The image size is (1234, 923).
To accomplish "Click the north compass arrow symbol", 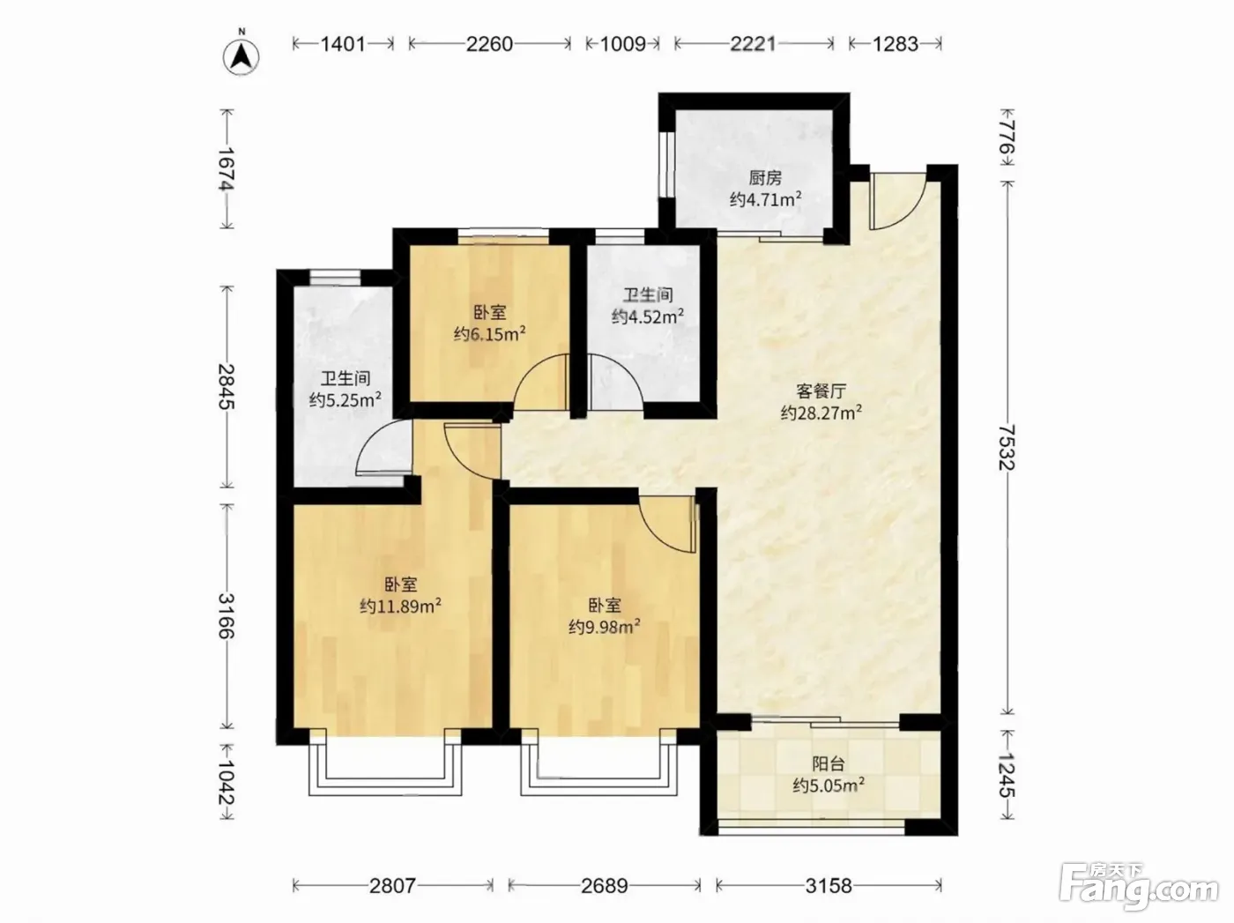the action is click(242, 55).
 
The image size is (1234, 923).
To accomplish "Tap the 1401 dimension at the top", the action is click(342, 44).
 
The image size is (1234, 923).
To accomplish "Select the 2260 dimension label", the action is click(489, 44).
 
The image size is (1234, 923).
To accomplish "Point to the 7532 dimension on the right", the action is click(1007, 449).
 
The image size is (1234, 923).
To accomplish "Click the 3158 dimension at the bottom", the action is click(829, 886).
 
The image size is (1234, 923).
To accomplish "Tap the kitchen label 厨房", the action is click(764, 178).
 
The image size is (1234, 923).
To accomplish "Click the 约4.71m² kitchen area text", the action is click(766, 199).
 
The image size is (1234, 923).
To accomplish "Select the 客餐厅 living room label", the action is click(821, 391).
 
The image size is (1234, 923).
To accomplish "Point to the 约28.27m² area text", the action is click(821, 413).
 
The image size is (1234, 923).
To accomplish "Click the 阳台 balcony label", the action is click(828, 763).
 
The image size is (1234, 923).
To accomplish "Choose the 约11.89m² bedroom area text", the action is click(400, 606).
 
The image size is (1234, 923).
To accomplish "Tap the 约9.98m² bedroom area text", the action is click(605, 626).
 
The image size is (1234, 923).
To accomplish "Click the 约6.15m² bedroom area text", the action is click(490, 334).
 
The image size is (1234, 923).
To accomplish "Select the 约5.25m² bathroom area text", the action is click(346, 399).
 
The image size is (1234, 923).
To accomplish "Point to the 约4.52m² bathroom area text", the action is click(648, 316).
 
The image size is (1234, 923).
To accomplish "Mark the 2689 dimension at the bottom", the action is click(605, 886).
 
